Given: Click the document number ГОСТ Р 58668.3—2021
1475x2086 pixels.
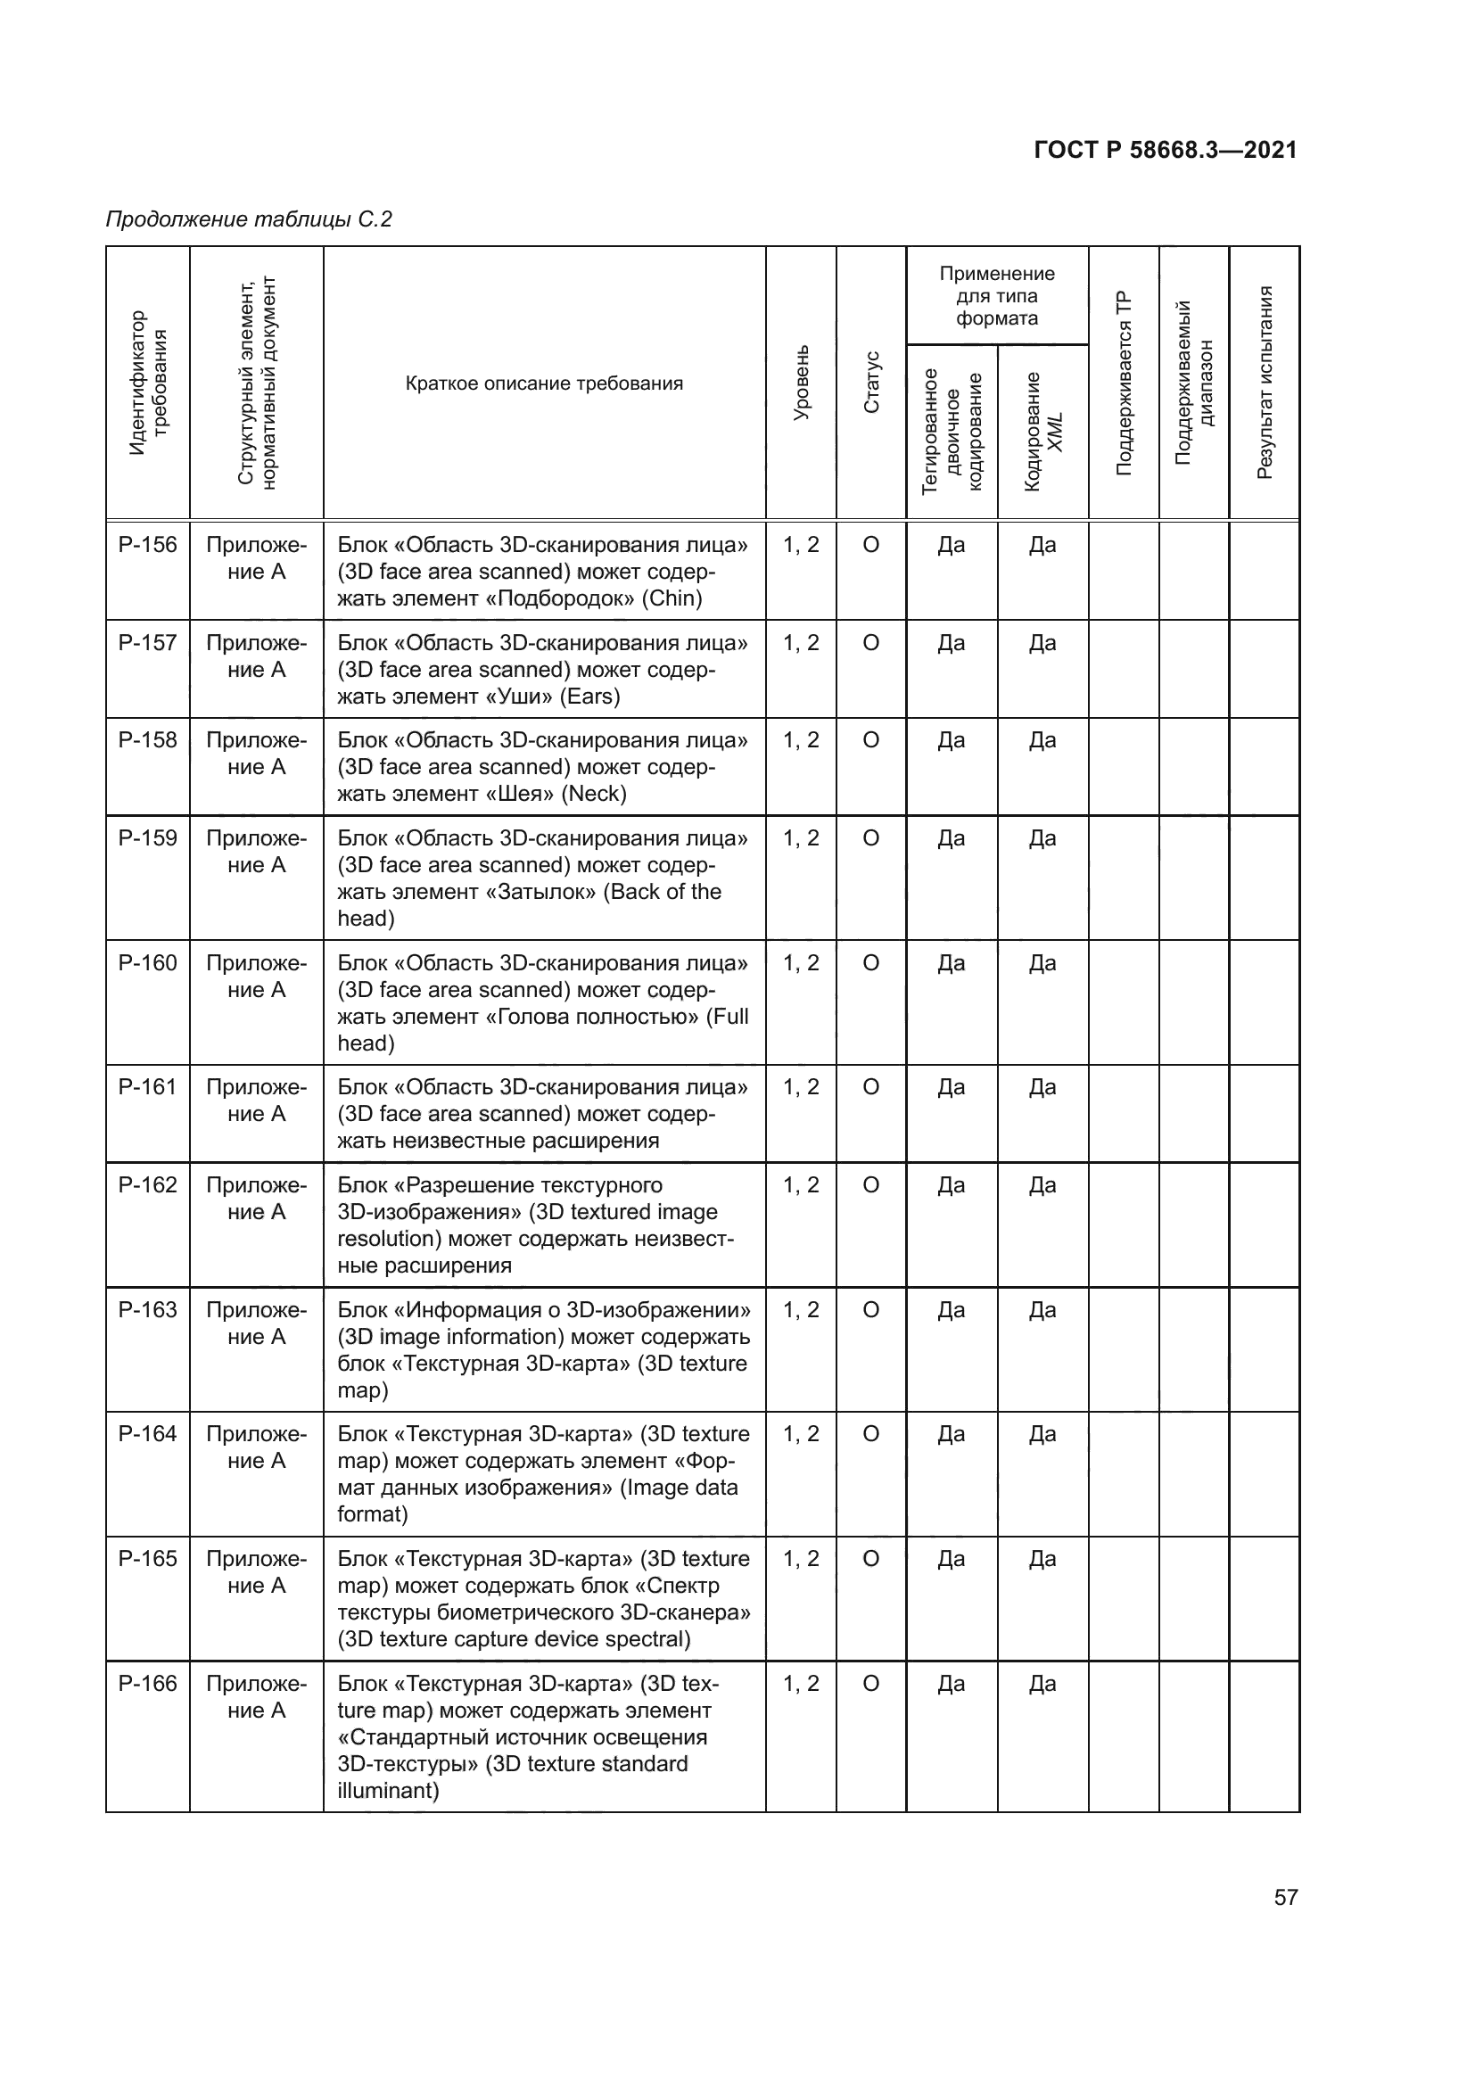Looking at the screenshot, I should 1166,150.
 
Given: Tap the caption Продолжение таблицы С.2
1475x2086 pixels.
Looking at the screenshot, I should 249,219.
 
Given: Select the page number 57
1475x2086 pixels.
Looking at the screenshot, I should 1285,1897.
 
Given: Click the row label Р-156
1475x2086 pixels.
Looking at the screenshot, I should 147,545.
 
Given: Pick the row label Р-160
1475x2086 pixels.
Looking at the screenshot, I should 147,963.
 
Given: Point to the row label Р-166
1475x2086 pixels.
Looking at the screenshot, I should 147,1684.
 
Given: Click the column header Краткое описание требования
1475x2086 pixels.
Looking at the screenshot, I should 544,383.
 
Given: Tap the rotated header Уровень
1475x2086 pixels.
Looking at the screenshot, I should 801,383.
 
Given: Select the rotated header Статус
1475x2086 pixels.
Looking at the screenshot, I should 871,383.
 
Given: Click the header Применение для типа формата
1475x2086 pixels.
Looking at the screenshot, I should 996,296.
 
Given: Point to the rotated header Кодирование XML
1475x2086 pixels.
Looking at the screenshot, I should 1042,432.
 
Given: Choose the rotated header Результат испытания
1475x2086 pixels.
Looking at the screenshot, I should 1265,383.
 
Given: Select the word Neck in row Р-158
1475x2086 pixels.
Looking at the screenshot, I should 594,794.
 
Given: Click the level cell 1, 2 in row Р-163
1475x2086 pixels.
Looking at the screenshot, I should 801,1310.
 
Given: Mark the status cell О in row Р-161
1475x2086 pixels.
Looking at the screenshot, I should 871,1087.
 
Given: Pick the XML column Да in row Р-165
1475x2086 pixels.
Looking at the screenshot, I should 1042,1559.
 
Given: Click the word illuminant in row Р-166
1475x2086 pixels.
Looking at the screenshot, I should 385,1791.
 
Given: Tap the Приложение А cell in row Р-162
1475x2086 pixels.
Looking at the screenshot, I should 256,1199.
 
